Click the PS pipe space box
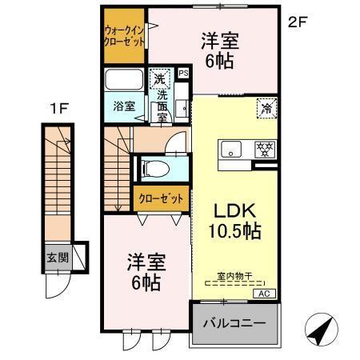(x=183, y=73)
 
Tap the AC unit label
(x=264, y=294)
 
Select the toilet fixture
(x=156, y=169)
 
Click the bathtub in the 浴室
(x=124, y=79)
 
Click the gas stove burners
(x=265, y=149)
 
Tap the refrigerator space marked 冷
(x=266, y=108)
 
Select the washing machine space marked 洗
(x=159, y=78)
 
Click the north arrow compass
(x=322, y=329)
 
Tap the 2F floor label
(x=298, y=22)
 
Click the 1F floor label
(x=60, y=108)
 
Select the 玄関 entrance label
(x=58, y=258)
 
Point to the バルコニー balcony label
(x=234, y=323)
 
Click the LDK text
(x=235, y=210)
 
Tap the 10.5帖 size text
(x=234, y=231)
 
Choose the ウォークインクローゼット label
(x=124, y=36)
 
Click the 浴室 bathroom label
(x=124, y=106)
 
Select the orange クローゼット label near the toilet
(x=161, y=198)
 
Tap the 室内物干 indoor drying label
(x=234, y=276)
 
